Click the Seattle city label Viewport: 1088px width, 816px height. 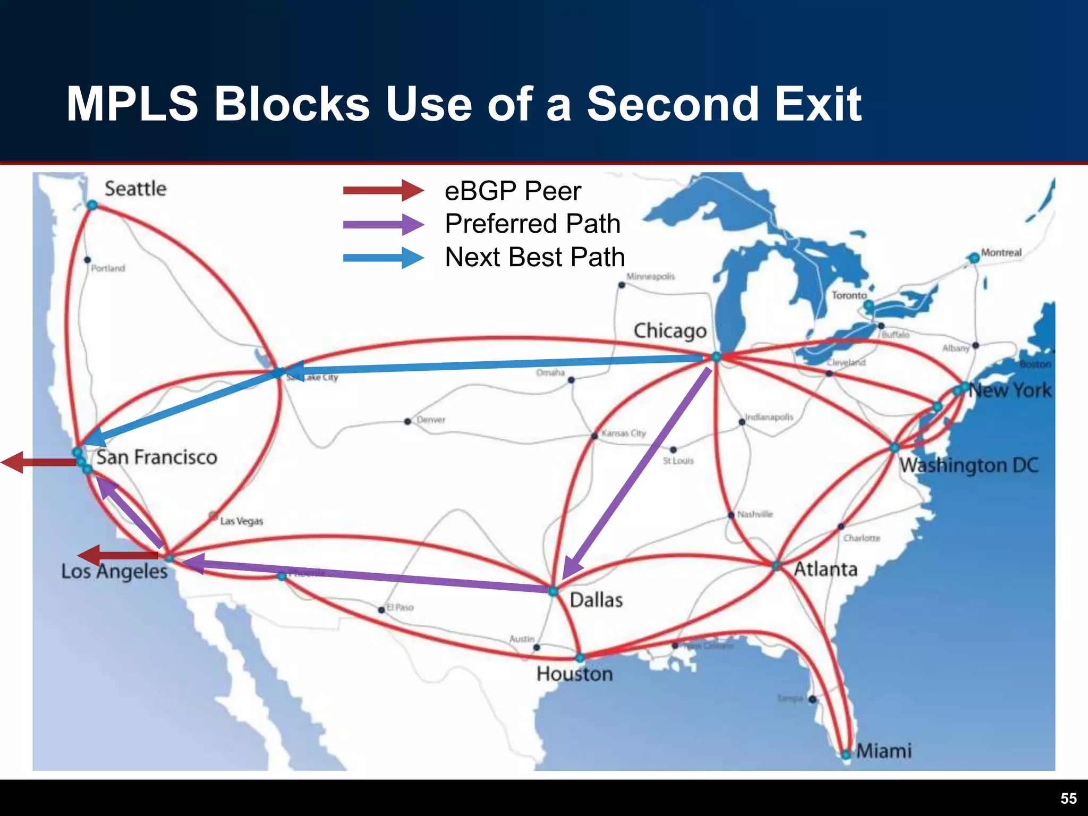(135, 189)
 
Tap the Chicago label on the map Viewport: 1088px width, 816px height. (670, 331)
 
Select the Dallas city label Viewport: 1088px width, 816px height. (596, 600)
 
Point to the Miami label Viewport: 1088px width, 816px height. (883, 751)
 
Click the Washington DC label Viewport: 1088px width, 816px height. (968, 465)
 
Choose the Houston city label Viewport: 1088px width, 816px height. (574, 674)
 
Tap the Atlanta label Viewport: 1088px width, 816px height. (826, 569)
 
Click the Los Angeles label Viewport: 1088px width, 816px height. (114, 571)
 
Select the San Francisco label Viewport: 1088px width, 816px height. (157, 457)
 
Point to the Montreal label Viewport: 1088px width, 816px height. (1001, 252)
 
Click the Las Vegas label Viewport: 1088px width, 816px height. (241, 521)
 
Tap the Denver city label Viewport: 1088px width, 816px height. (431, 420)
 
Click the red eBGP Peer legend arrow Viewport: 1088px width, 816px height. (382, 190)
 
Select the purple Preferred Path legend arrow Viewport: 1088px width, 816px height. (382, 224)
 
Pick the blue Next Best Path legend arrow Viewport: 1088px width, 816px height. (382, 258)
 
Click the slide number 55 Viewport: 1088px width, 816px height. (1068, 798)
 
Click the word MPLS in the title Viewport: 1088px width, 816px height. (132, 104)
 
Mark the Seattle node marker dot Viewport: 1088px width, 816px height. (92, 205)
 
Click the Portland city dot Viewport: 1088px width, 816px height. (88, 260)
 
